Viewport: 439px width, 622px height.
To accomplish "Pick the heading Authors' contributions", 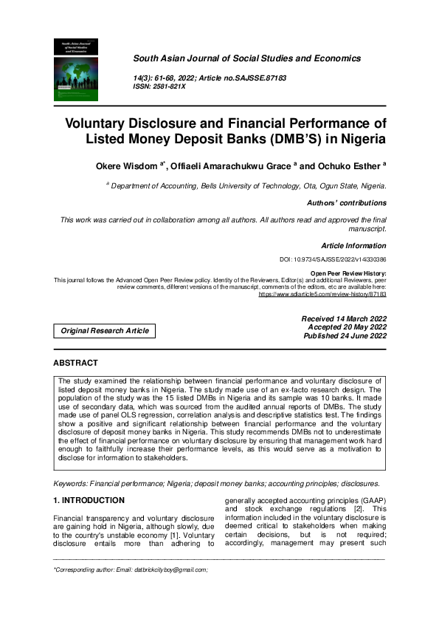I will click(x=346, y=202).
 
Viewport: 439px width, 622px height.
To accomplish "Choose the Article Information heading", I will click(x=353, y=245).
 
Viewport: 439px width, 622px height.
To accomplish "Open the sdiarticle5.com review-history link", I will click(x=322, y=294).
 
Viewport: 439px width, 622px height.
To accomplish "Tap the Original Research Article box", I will click(x=104, y=331).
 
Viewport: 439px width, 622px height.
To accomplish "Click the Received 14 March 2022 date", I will click(x=344, y=318).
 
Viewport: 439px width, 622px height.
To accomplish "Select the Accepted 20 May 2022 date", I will click(x=347, y=327).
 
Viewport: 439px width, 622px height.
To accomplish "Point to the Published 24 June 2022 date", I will click(x=345, y=336).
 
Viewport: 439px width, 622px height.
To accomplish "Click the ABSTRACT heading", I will click(x=75, y=363).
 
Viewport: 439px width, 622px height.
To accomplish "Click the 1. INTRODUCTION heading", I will click(x=89, y=500).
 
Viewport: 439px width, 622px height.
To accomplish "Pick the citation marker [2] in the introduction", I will click(x=357, y=509).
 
